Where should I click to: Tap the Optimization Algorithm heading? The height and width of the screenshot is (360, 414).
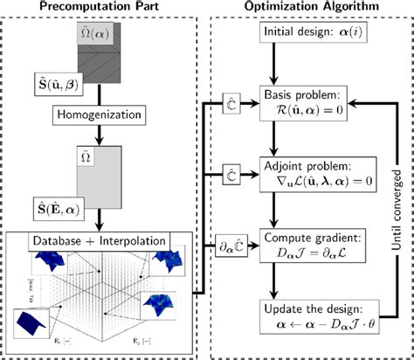click(x=309, y=8)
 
